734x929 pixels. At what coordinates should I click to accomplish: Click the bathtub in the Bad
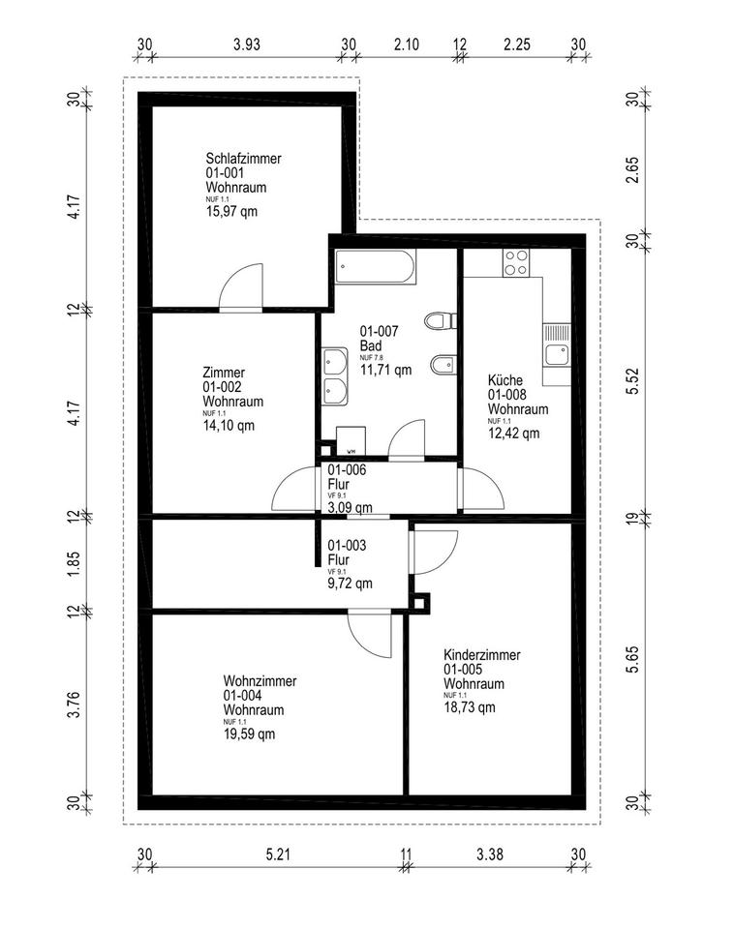tap(374, 266)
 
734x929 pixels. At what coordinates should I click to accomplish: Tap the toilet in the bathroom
tap(438, 320)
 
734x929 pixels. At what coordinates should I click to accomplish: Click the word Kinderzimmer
tap(481, 655)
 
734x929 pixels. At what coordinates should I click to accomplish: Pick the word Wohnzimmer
tap(260, 681)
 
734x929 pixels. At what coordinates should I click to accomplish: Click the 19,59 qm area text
tap(249, 734)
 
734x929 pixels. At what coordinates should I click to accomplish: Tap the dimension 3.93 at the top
tap(248, 45)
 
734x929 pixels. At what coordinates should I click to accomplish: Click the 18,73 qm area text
tap(470, 707)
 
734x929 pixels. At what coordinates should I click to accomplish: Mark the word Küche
tap(505, 381)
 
